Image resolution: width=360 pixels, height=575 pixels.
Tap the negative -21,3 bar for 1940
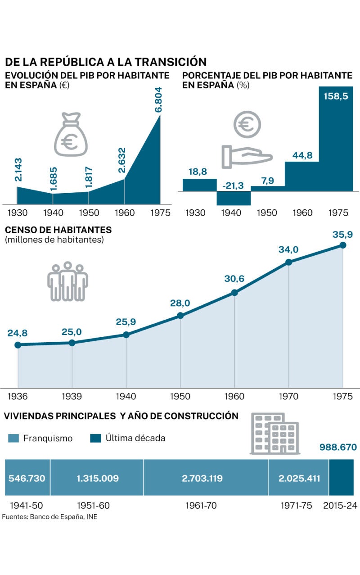(234, 198)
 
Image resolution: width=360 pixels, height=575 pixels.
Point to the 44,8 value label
(302, 155)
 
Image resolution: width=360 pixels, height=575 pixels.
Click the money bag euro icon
(71, 135)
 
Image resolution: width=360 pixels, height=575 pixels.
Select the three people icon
(67, 281)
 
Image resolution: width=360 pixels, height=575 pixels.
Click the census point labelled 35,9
(343, 245)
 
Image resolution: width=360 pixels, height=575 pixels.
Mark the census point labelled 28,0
(180, 316)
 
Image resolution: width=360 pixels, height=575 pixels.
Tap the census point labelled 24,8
(18, 345)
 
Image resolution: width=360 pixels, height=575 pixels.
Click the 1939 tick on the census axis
(72, 396)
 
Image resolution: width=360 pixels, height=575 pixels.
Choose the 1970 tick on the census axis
(288, 396)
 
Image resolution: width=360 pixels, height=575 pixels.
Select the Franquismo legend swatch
(13, 438)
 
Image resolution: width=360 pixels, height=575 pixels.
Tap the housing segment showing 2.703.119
(206, 478)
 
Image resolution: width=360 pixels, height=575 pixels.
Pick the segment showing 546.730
(27, 478)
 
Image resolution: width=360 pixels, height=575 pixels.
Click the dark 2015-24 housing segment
(341, 478)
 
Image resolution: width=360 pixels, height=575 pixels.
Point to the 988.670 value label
(338, 448)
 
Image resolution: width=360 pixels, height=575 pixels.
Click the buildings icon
(274, 434)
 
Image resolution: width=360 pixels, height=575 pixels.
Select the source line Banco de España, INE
(49, 517)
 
